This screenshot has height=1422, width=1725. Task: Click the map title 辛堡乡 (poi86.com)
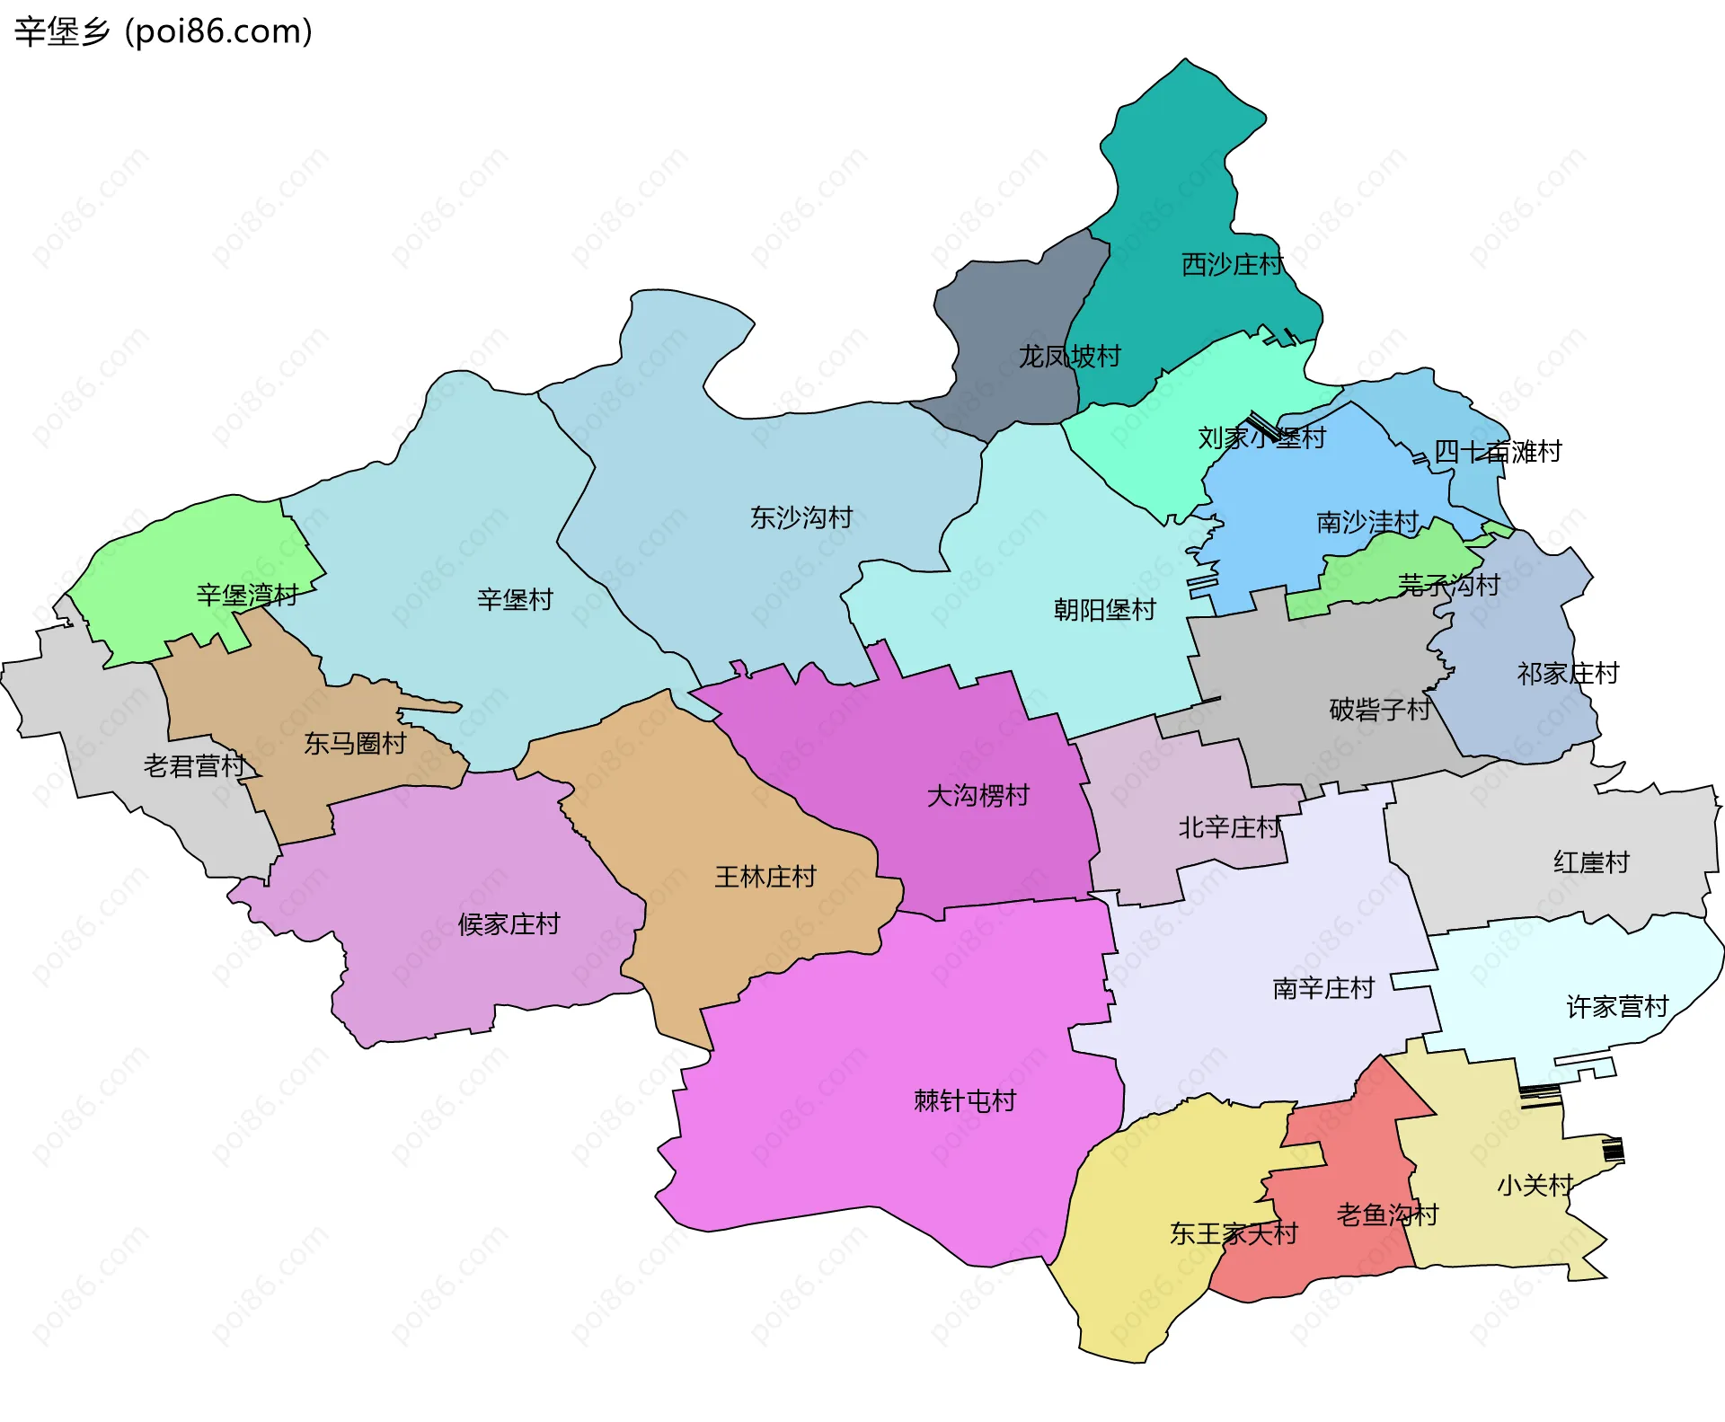point(164,31)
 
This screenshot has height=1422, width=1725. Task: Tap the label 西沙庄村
point(1232,265)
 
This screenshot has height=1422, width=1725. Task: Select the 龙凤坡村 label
point(1069,357)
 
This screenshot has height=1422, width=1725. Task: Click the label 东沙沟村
point(801,517)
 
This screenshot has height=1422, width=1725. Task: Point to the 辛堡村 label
point(515,599)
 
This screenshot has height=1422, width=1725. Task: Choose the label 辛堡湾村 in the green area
point(247,595)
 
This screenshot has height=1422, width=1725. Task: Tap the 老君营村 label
point(194,766)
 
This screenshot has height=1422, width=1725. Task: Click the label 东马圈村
point(355,743)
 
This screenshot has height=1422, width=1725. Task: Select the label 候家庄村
point(509,923)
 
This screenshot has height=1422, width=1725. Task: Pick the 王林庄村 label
point(765,877)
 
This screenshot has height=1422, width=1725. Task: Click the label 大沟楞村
point(977,795)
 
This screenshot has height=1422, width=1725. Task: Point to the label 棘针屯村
point(964,1100)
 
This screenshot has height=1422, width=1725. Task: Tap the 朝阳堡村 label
point(1104,610)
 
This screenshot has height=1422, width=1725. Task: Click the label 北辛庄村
point(1229,827)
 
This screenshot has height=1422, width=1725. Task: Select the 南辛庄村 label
point(1323,988)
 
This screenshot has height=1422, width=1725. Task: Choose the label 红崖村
point(1591,862)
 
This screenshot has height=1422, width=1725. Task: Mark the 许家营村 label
point(1617,1007)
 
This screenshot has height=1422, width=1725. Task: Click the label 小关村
point(1535,1186)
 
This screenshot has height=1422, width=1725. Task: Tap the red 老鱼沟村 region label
point(1387,1215)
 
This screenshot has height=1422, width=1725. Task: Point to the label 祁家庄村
point(1568,673)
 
